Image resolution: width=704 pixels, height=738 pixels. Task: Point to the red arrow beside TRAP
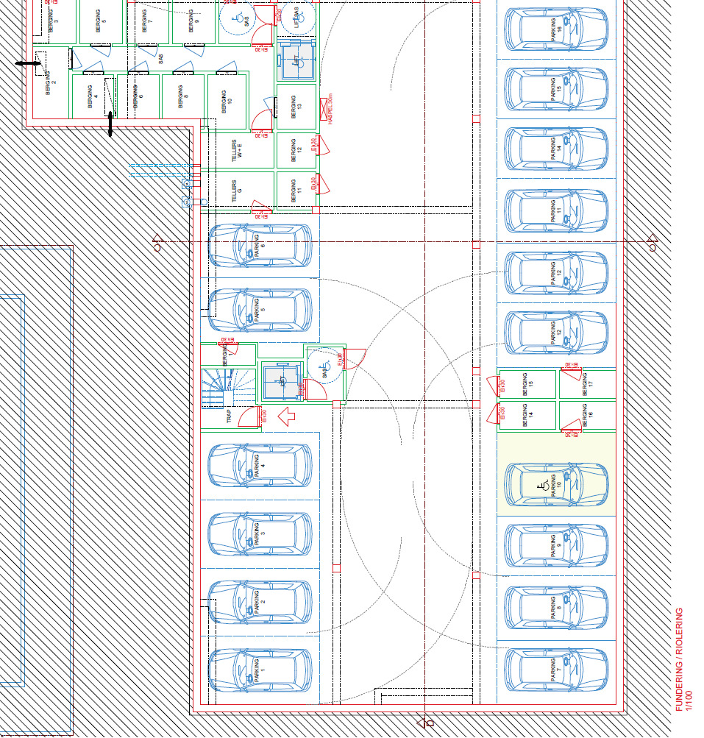(285, 416)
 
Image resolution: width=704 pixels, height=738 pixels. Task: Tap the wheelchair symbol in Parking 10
(542, 484)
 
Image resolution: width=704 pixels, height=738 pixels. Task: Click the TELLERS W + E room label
(237, 152)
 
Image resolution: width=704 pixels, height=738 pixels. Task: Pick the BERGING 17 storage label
(587, 383)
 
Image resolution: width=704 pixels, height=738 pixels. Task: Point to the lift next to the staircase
(281, 381)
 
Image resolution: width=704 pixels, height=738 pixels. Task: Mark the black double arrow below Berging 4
(110, 124)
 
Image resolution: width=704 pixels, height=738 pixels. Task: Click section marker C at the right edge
(653, 243)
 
